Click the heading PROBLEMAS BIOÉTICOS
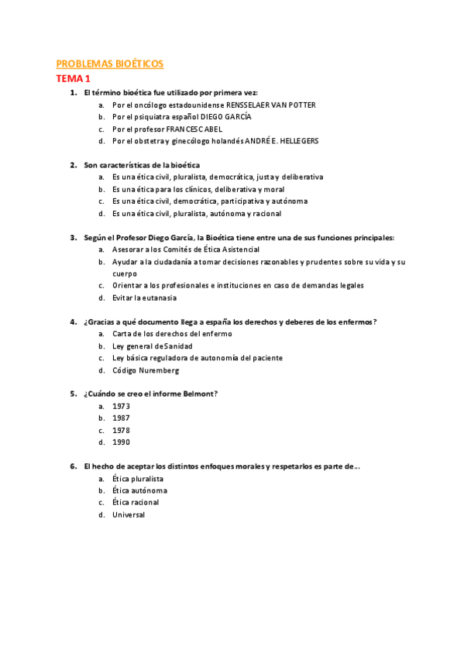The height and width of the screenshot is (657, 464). [x=109, y=64]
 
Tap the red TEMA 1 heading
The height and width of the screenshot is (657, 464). [x=74, y=78]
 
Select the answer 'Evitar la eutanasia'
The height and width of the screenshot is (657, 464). [x=144, y=298]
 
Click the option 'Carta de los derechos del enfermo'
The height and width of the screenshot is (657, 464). [x=171, y=334]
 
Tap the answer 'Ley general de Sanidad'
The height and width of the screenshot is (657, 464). [x=153, y=346]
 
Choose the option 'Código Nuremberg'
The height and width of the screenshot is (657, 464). [x=146, y=370]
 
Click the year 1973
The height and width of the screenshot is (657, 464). [x=121, y=406]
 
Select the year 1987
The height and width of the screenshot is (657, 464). [x=121, y=418]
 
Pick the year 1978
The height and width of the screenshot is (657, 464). [x=121, y=430]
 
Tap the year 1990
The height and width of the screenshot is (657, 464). [x=121, y=442]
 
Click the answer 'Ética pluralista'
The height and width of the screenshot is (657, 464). [x=138, y=479]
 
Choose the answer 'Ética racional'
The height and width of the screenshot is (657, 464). [x=136, y=503]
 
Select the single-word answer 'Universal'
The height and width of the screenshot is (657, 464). [x=129, y=514]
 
